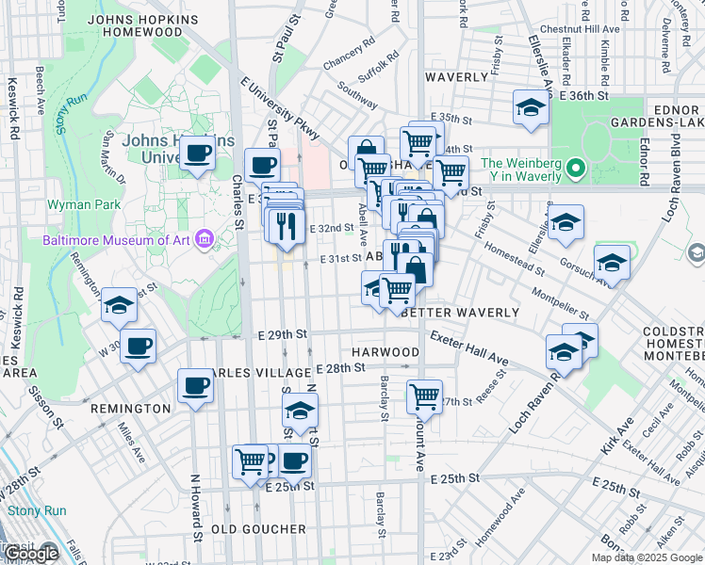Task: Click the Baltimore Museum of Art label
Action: click(115, 239)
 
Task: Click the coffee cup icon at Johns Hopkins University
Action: click(197, 153)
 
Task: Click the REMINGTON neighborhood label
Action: click(130, 409)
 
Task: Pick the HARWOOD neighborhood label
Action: click(385, 352)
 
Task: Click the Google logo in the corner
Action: click(32, 554)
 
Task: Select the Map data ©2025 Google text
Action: click(647, 557)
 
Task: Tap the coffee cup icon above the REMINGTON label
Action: click(195, 385)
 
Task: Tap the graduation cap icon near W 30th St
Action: click(120, 304)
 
